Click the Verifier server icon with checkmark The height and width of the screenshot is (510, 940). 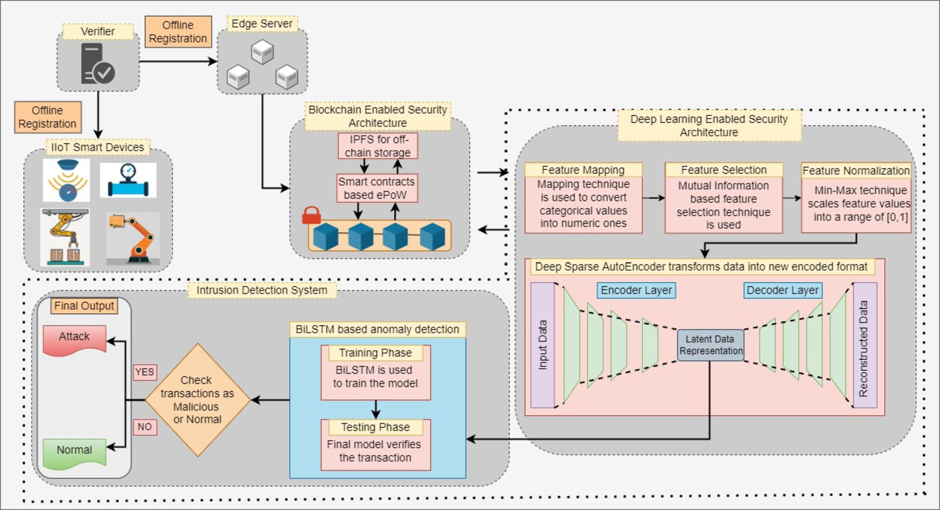coord(98,63)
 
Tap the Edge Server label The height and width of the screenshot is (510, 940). coord(262,24)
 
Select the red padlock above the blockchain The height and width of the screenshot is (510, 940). coord(312,215)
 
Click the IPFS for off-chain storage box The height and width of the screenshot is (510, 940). coord(378,146)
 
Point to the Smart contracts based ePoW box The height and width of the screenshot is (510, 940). coord(377,188)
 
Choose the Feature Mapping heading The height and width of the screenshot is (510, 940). coord(583,170)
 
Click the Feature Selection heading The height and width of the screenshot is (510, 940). coord(724,170)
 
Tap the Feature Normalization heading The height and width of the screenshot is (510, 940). coord(856,171)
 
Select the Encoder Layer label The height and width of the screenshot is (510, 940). coord(636,290)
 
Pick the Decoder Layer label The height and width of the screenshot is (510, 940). coord(783,290)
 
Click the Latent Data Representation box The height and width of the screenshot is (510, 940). coord(710,345)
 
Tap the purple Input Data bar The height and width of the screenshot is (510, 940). coord(542,345)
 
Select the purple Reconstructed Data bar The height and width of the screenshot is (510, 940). coord(865,345)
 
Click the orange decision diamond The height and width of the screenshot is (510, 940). coord(197,400)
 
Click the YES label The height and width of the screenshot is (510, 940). coord(145,372)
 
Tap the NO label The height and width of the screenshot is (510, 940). coord(145,427)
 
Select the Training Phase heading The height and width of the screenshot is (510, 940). coord(376,353)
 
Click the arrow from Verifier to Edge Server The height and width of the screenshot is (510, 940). coord(178,61)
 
